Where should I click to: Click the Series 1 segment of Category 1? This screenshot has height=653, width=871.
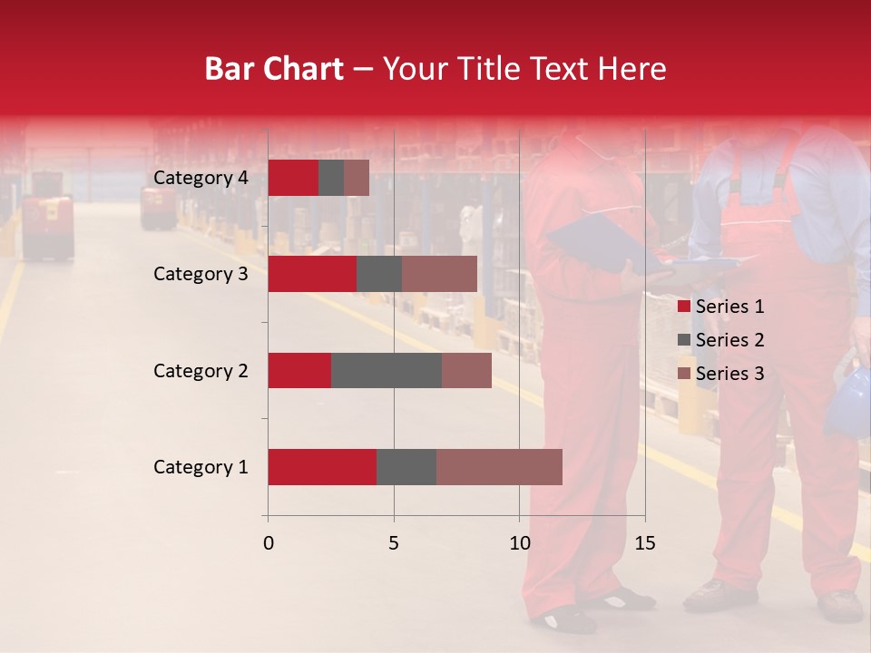click(322, 467)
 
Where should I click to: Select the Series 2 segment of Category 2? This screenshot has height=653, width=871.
click(387, 370)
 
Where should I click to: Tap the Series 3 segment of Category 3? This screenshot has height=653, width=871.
click(439, 274)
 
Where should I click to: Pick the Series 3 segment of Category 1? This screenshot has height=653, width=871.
click(499, 467)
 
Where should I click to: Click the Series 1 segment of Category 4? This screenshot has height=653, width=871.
click(293, 178)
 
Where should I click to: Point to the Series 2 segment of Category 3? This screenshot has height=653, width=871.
click(379, 274)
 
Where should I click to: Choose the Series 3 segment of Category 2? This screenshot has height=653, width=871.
click(466, 370)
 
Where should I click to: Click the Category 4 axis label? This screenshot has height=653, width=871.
click(201, 178)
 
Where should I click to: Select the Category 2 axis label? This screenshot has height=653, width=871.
click(201, 370)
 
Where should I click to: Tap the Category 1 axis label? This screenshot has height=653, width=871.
click(201, 467)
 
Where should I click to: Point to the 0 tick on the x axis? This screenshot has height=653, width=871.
click(269, 543)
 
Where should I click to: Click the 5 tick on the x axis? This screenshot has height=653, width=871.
click(394, 543)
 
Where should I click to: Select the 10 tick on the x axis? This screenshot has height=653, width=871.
click(519, 543)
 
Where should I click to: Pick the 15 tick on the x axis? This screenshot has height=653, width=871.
click(644, 543)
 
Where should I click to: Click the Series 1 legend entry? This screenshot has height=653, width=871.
click(721, 307)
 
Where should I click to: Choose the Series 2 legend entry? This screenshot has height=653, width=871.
click(721, 340)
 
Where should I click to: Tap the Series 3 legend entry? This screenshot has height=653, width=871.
click(721, 374)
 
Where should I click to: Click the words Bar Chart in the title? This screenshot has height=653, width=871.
click(274, 69)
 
